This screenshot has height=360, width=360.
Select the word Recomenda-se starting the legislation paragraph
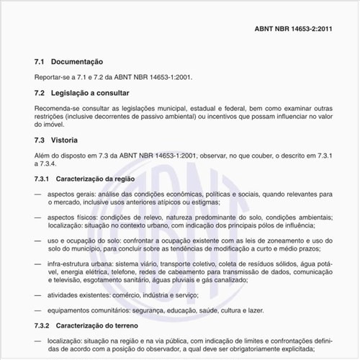tap(58, 107)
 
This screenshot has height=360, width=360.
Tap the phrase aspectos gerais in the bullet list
tap(71, 194)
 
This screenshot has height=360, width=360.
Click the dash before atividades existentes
tap(37, 295)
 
